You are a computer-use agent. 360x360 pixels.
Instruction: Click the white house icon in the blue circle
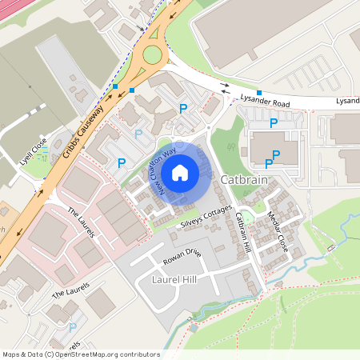pyautogui.click(x=180, y=172)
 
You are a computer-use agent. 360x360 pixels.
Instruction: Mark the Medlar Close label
pyautogui.click(x=284, y=231)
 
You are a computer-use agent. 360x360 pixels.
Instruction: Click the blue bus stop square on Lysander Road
pyautogui.click(x=259, y=93)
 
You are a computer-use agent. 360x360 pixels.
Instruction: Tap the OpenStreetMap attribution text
pyautogui.click(x=81, y=354)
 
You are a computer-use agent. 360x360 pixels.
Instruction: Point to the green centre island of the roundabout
pyautogui.click(x=153, y=55)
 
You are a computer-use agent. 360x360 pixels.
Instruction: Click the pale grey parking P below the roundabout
pyautogui.click(x=139, y=134)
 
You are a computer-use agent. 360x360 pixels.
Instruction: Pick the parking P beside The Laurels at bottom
pyautogui.click(x=72, y=326)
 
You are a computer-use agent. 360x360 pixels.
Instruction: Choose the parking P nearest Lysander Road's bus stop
pyautogui.click(x=274, y=123)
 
